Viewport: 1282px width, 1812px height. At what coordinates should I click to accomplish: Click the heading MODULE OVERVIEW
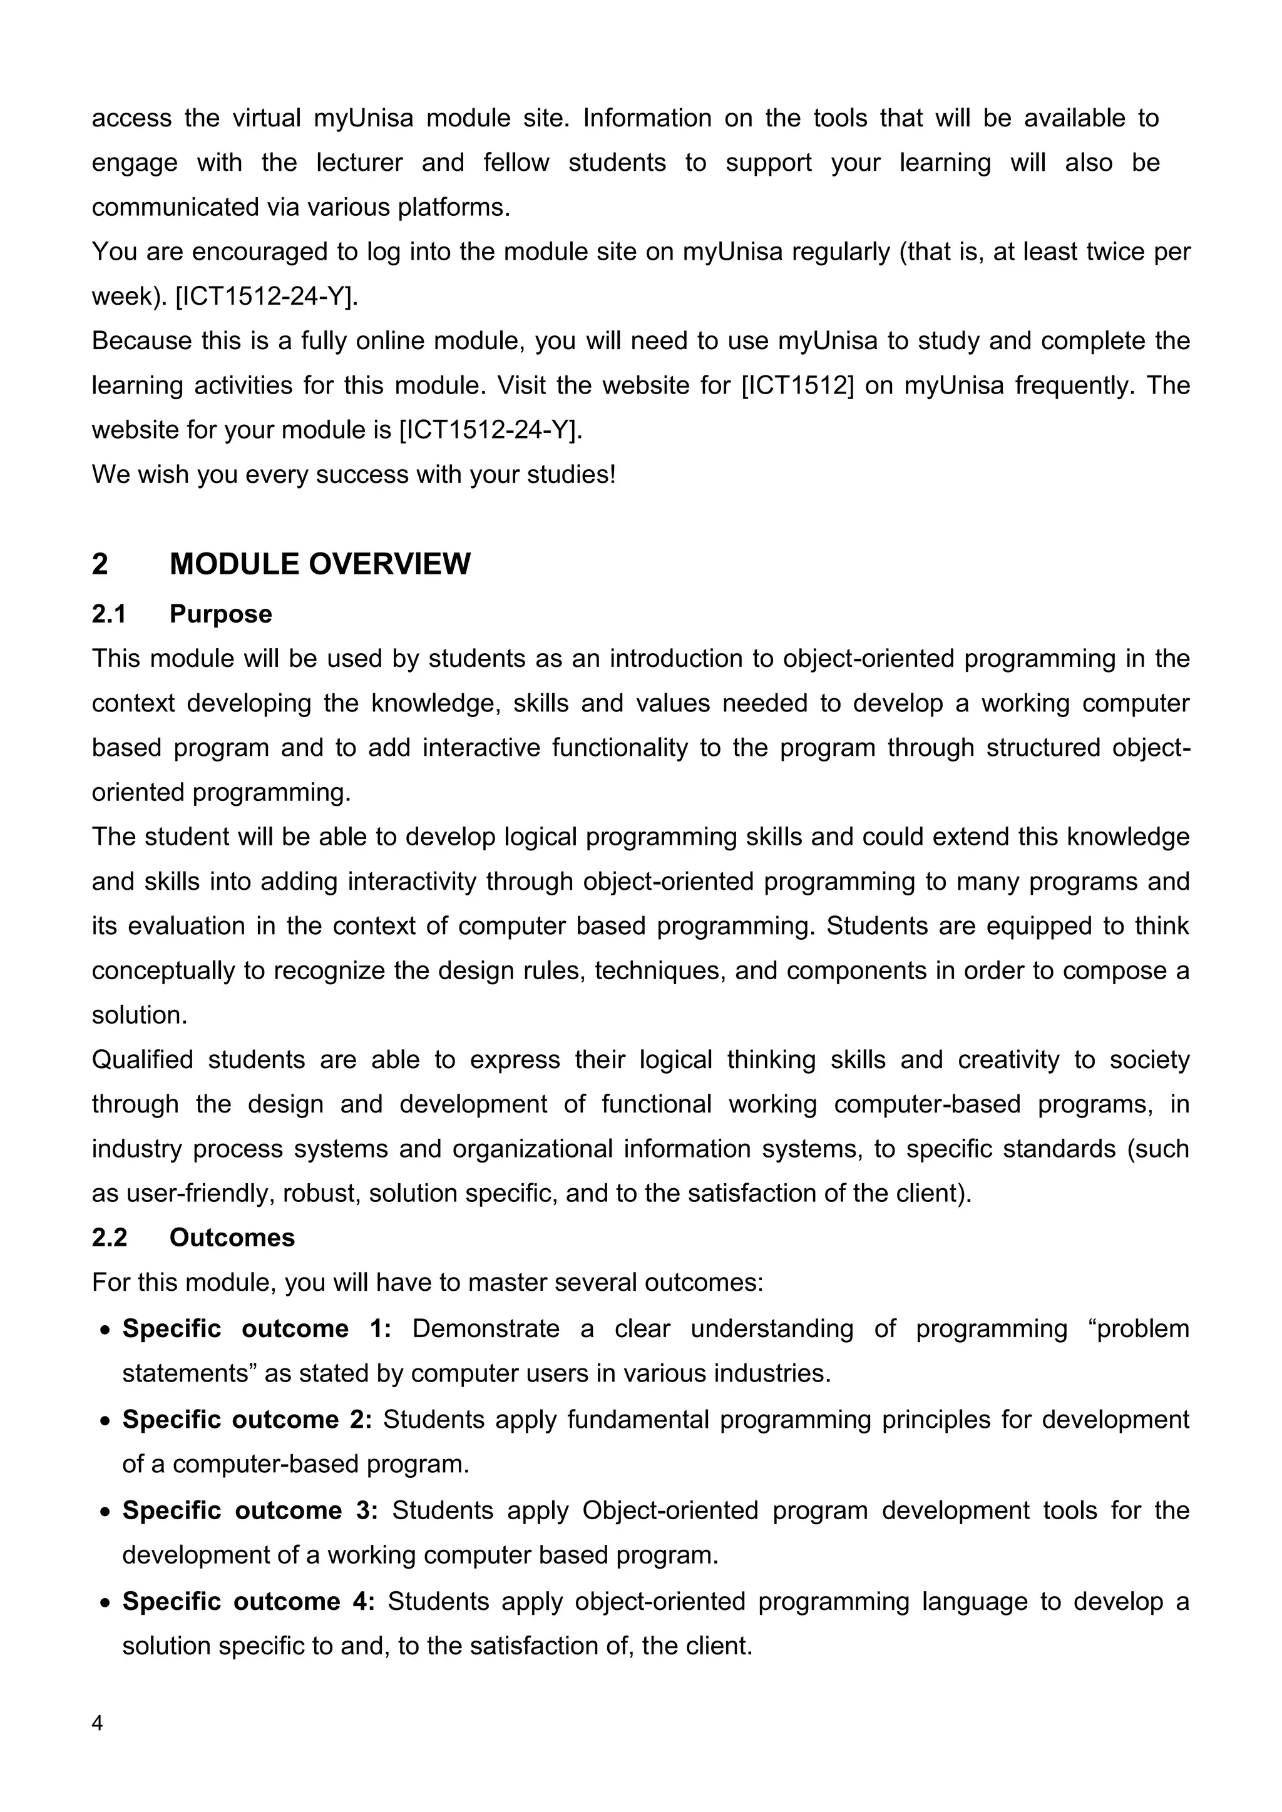[x=320, y=564]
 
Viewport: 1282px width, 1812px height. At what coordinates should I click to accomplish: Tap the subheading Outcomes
[x=232, y=1238]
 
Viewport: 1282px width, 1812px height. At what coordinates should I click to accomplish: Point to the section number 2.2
[x=109, y=1238]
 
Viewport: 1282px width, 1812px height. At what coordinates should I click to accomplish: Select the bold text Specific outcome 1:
[x=257, y=1328]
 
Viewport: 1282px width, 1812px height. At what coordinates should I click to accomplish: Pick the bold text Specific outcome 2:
[x=246, y=1419]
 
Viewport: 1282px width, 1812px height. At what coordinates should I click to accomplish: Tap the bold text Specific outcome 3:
[x=250, y=1510]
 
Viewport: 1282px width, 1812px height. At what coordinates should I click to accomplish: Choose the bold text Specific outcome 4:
[x=248, y=1601]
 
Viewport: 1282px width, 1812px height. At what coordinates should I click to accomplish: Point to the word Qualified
[x=142, y=1059]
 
